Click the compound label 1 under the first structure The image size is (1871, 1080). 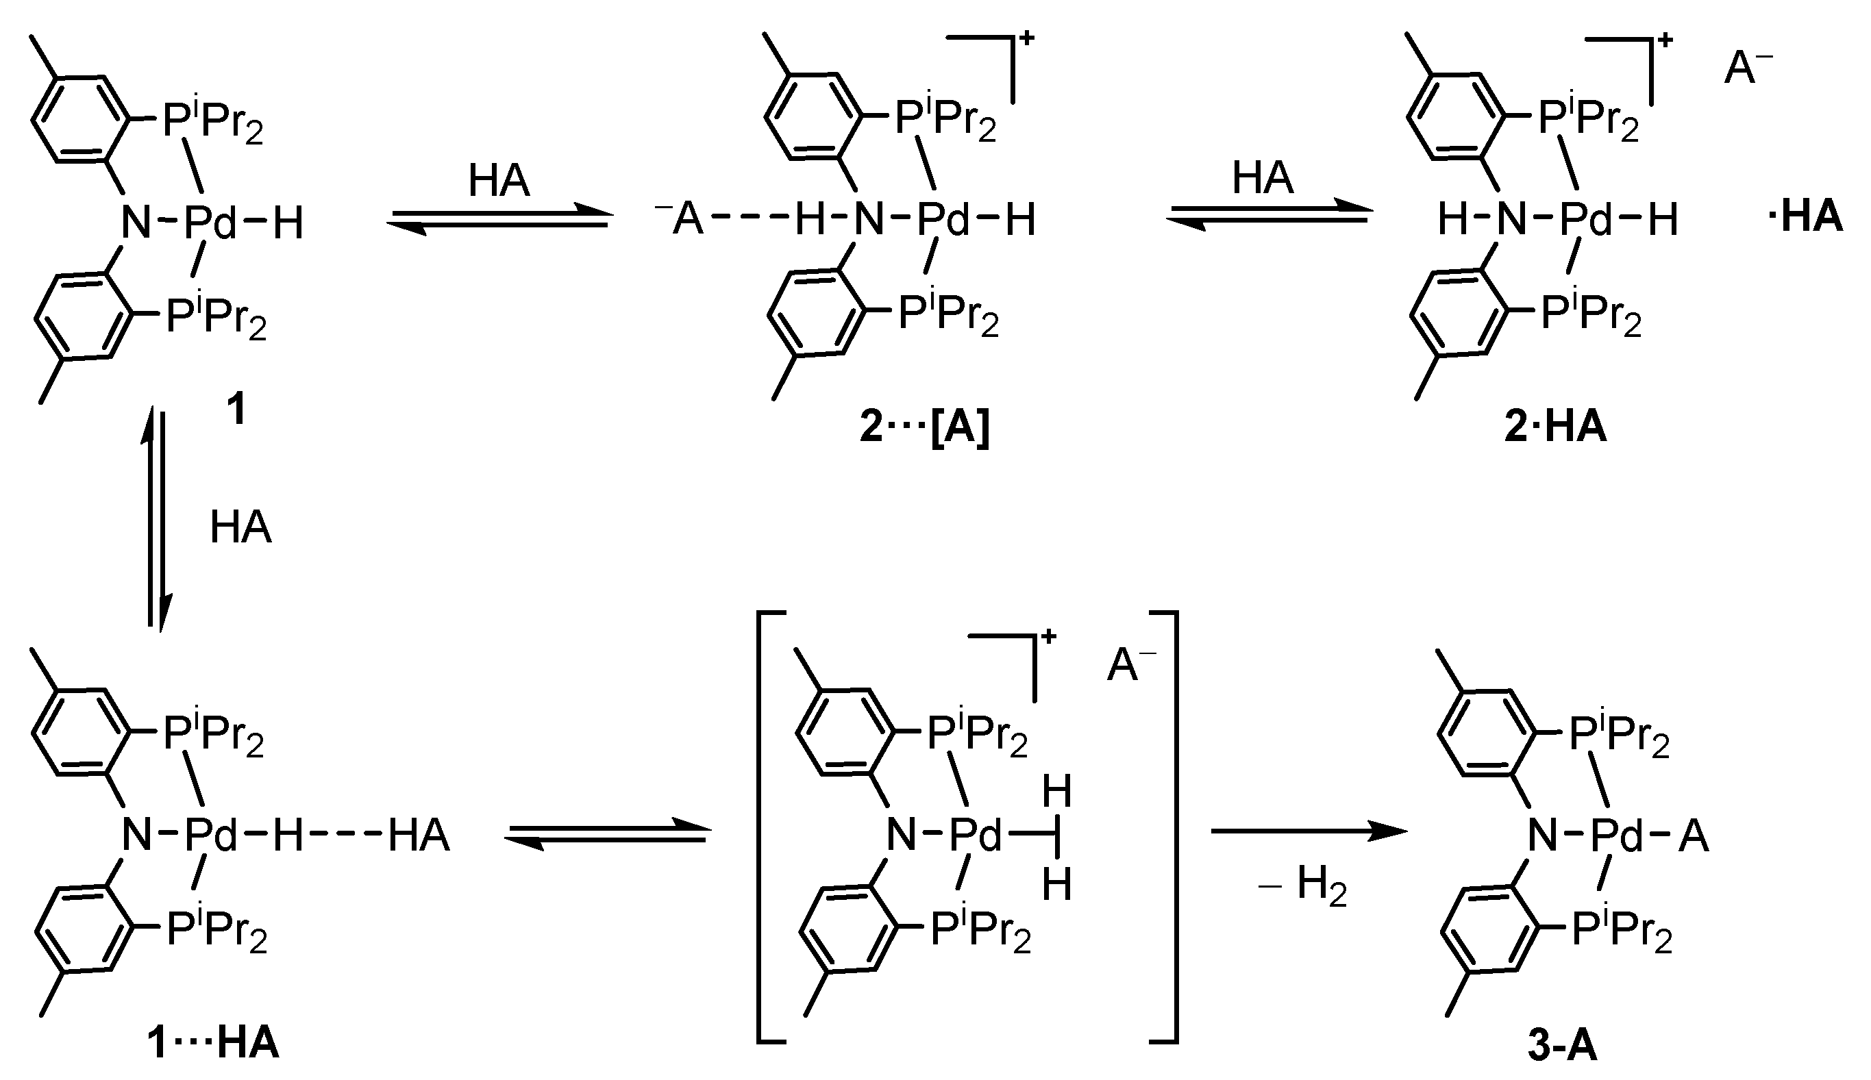point(236,410)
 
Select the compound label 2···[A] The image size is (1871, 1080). point(924,428)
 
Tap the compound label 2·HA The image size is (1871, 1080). point(1555,428)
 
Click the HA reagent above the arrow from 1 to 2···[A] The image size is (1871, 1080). point(499,181)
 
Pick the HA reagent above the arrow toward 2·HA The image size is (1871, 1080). point(1263,179)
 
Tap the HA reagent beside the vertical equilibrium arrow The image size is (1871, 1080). point(240,527)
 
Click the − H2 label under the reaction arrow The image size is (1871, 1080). point(1303,886)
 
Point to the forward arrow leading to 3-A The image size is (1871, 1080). point(1309,831)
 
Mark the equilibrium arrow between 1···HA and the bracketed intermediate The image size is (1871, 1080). point(607,833)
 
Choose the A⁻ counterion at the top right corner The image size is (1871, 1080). point(1748,69)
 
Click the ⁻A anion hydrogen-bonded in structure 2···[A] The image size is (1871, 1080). point(680,219)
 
